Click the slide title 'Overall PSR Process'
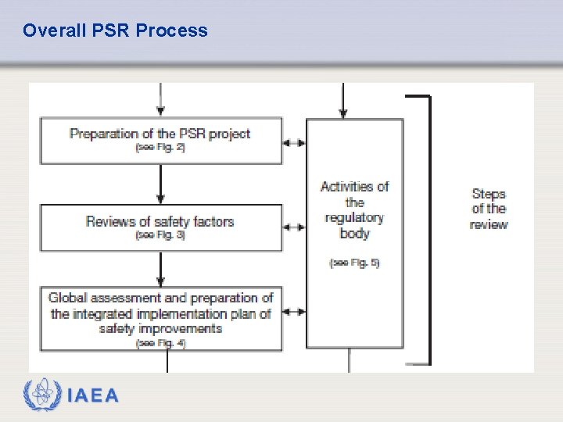point(115,30)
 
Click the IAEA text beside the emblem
point(93,395)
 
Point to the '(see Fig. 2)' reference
point(160,148)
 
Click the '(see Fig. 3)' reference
point(160,235)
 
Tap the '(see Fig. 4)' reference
point(160,343)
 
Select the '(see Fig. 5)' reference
point(354,263)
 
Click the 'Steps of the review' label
point(489,209)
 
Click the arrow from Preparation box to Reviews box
point(160,184)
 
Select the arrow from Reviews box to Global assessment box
point(160,269)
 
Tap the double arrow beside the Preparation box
point(294,143)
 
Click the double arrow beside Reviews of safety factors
point(294,227)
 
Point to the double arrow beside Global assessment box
point(294,312)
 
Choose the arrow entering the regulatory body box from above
point(342,102)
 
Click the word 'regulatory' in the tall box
point(354,218)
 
